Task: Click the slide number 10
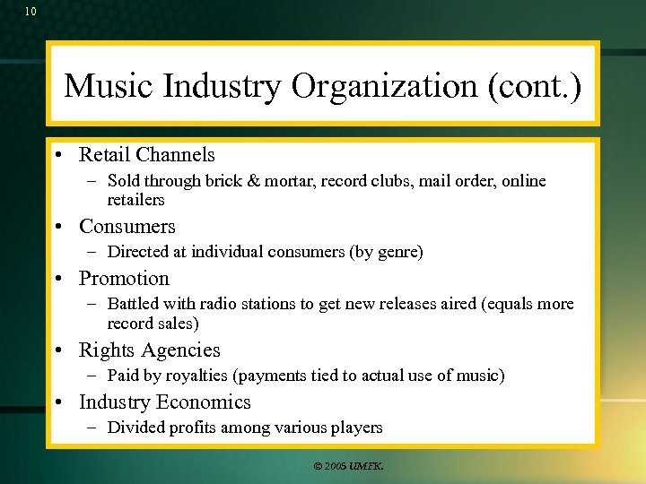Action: [x=31, y=12]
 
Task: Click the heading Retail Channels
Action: [x=147, y=155]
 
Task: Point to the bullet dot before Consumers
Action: [x=57, y=227]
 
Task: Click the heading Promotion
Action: [x=124, y=279]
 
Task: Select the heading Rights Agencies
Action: [x=149, y=350]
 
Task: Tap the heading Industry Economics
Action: [x=165, y=402]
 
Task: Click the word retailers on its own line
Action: [x=135, y=200]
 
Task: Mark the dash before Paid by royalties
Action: [x=94, y=376]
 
